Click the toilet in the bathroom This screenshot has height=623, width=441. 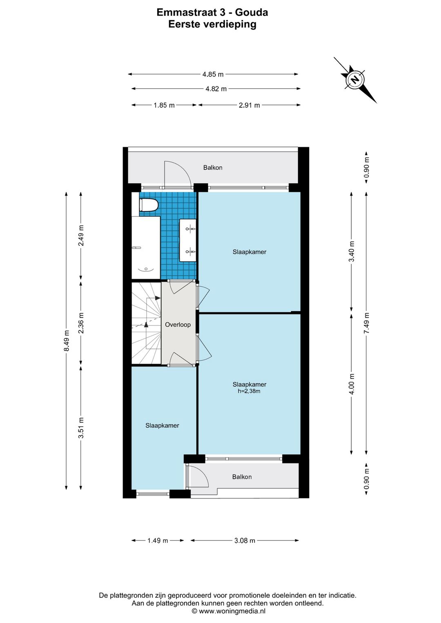tap(149, 205)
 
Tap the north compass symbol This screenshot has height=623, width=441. tap(355, 80)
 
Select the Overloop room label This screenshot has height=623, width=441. tap(178, 325)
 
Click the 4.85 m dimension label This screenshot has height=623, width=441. tap(213, 74)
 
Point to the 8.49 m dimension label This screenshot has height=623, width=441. tap(67, 341)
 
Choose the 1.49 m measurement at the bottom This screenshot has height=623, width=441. tap(158, 541)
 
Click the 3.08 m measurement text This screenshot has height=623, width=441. tap(245, 541)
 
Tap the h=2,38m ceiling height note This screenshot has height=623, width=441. tap(249, 392)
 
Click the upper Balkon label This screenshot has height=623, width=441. tap(213, 168)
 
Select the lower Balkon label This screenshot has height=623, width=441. tap(242, 477)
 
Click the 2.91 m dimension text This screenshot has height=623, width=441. tap(249, 105)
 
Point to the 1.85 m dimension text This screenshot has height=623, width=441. tap(164, 105)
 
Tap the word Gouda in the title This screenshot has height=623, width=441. tap(252, 12)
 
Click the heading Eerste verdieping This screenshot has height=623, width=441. tap(212, 24)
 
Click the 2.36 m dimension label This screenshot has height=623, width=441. tap(81, 323)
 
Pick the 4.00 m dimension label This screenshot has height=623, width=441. tap(352, 384)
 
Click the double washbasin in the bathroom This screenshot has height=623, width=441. tap(188, 240)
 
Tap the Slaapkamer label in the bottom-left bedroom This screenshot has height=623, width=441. tap(162, 425)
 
